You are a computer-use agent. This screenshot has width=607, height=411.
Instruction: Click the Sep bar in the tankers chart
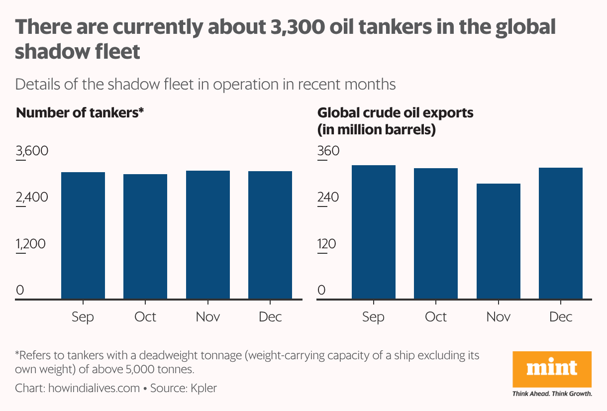click(x=83, y=235)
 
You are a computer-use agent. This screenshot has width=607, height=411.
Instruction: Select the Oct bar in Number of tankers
click(x=145, y=236)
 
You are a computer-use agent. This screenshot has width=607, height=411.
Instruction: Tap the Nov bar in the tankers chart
click(x=208, y=235)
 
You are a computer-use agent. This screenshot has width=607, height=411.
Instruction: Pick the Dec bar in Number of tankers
click(x=270, y=235)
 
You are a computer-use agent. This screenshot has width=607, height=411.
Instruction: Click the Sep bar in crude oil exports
click(x=374, y=232)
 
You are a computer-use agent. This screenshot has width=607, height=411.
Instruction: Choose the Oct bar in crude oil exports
click(x=436, y=233)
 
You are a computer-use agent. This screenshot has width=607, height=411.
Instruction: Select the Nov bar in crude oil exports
click(x=499, y=241)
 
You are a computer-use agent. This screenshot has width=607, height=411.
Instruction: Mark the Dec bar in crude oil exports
click(x=561, y=233)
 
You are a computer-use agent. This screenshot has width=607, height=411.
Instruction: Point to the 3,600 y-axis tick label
click(x=32, y=150)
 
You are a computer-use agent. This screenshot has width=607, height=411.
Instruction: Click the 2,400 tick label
click(x=32, y=198)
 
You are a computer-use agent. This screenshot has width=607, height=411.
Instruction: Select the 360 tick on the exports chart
click(x=328, y=150)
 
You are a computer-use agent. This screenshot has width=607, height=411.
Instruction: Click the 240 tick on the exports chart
click(x=328, y=198)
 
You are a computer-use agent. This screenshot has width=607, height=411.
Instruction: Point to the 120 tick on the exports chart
click(x=327, y=244)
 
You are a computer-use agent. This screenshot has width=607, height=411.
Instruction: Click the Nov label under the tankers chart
click(x=208, y=317)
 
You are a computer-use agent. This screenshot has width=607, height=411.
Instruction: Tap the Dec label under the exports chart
click(x=561, y=317)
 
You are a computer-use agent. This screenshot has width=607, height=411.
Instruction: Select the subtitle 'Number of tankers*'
click(x=80, y=113)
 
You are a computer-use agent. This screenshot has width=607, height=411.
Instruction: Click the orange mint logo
click(x=552, y=368)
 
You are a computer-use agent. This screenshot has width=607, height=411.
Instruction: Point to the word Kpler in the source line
click(x=204, y=388)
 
